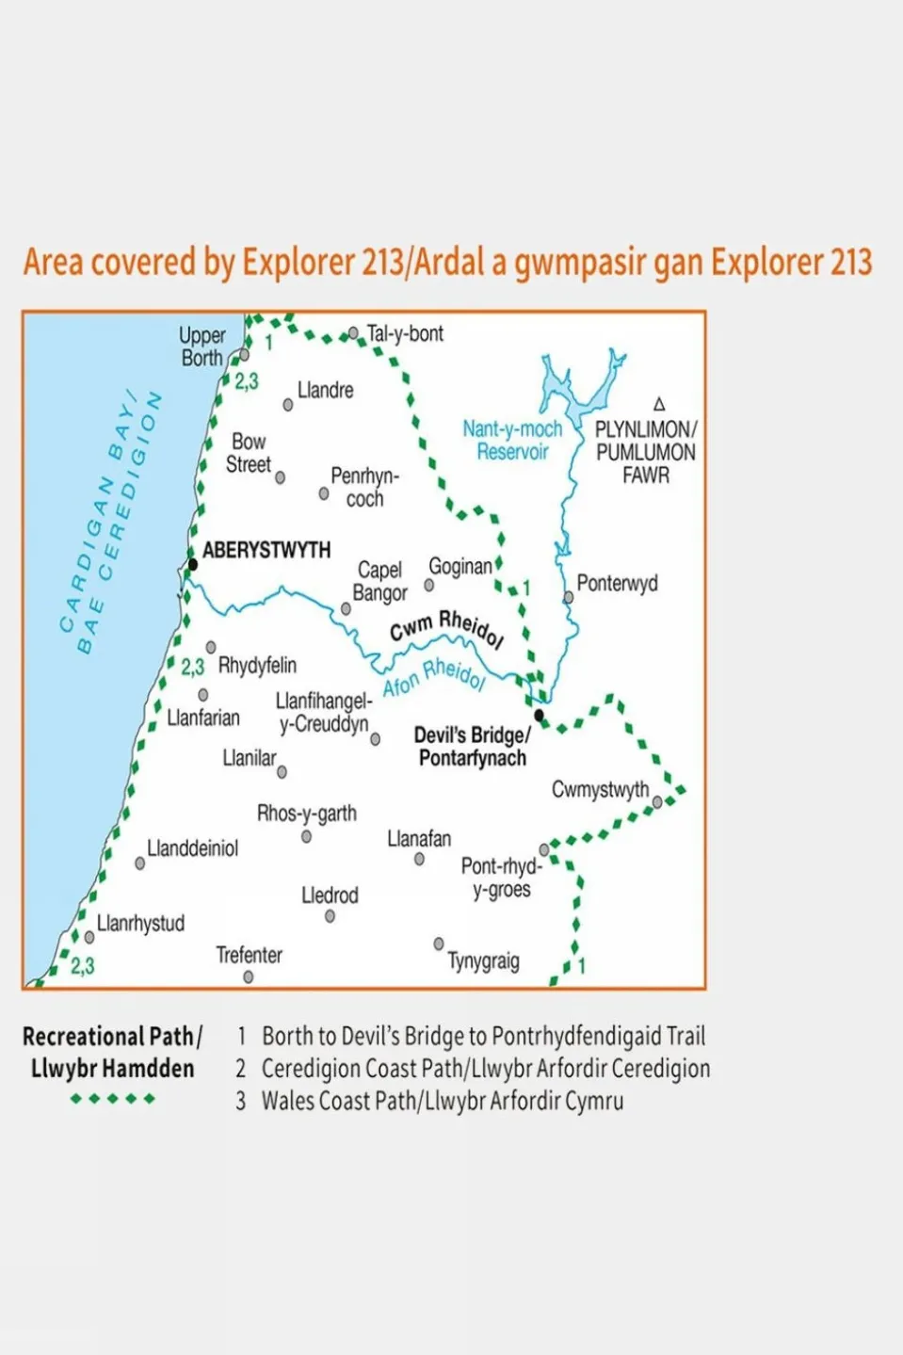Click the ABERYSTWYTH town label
[266, 550]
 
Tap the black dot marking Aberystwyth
[192, 565]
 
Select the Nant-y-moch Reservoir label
[512, 440]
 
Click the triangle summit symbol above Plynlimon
[659, 404]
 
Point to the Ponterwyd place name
[617, 583]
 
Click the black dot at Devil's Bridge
[539, 715]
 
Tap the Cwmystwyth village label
[600, 789]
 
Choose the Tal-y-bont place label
[405, 333]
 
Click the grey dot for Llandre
[288, 405]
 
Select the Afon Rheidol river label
[434, 677]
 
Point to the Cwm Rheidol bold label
[446, 627]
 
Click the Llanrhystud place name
[140, 923]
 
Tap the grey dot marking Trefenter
[249, 977]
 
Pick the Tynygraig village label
[483, 960]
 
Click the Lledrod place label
[330, 895]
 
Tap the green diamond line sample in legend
[112, 1099]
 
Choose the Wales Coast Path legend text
[442, 1101]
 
